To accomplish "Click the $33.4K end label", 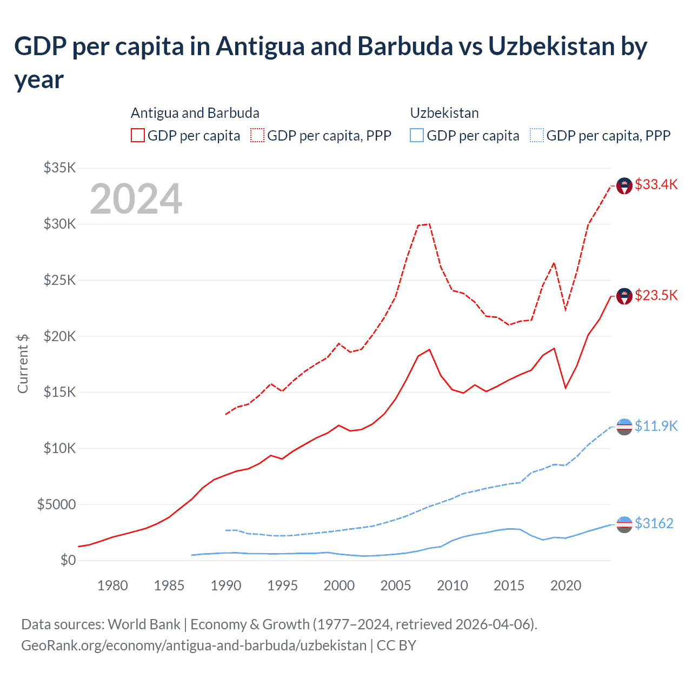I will pos(656,184).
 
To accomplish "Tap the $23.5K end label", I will pos(656,295).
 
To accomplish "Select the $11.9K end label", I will pos(656,426).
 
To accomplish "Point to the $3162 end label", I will pos(654,523).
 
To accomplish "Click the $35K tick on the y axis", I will pos(59,168).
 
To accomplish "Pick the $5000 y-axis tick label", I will pos(56,504).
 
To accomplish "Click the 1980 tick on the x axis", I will pos(112,585).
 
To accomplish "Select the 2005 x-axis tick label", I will pos(396,585).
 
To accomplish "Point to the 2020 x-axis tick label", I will pos(565,585).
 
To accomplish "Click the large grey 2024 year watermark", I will pos(136,199).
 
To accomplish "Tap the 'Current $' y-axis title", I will pos(23,363).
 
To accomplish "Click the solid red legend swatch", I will pos(138,135).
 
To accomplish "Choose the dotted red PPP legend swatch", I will pos(258,135).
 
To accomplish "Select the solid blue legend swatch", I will pos(417,135).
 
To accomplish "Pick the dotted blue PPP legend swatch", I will pos(537,135).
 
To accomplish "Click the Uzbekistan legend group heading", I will pos(444,113).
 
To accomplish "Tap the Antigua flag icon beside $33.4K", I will pos(624,186).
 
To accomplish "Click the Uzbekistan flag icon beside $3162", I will pos(624,524).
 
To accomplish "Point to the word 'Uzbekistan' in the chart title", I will pos(551,46).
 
